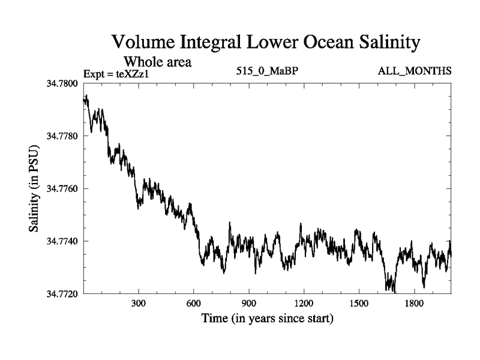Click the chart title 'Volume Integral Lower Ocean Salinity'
[x=265, y=43]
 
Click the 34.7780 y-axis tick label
[x=62, y=136]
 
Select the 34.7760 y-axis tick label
[x=62, y=188]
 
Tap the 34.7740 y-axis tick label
[x=62, y=241]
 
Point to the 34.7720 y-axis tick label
[x=62, y=294]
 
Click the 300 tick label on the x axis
[x=139, y=304]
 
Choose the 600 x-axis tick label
[x=194, y=304]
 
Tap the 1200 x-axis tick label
[x=304, y=304]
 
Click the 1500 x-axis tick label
[x=358, y=304]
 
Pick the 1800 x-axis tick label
[x=413, y=304]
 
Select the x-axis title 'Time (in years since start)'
[x=267, y=318]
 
